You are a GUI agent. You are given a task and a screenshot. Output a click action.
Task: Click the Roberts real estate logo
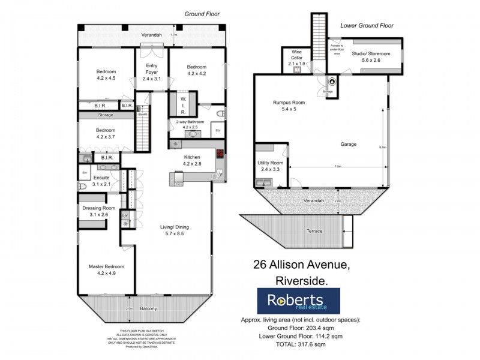pos(298,301)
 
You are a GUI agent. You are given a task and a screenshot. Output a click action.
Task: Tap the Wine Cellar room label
pos(297,59)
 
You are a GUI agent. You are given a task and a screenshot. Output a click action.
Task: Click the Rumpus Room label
pos(289,106)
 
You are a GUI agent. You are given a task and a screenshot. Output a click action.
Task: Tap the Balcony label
pos(148,308)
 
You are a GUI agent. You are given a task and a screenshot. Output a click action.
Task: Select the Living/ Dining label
pos(175,230)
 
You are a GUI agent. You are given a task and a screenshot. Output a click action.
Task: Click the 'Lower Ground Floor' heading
pos(366,26)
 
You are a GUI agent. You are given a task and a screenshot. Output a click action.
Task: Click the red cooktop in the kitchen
pos(221,154)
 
